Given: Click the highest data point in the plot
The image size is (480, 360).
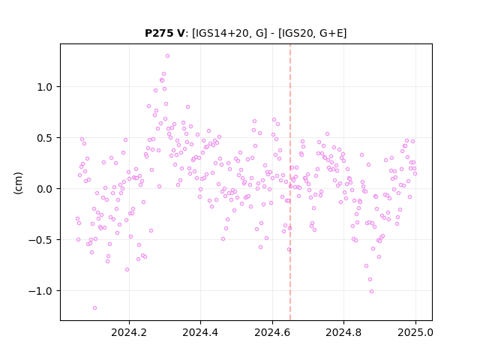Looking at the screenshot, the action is click(167, 56).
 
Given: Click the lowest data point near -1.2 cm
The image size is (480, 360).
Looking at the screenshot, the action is click(95, 307).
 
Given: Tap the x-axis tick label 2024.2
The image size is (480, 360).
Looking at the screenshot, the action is click(129, 332).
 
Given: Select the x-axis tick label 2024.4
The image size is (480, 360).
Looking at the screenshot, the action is click(200, 332).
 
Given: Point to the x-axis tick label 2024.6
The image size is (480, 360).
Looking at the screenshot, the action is click(272, 332).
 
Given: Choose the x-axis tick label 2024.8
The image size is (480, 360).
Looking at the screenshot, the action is click(343, 332).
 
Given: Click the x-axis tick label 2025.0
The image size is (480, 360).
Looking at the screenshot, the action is click(415, 332).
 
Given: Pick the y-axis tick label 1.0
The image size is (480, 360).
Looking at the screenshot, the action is click(45, 87).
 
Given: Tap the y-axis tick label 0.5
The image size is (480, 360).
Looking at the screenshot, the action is click(45, 138).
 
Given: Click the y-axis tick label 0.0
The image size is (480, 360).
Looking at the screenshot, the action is click(45, 189).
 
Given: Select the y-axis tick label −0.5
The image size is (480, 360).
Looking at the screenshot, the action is click(41, 240).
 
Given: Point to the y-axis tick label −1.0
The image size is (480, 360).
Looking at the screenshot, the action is click(41, 291).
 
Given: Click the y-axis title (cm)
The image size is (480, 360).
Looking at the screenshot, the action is click(18, 183).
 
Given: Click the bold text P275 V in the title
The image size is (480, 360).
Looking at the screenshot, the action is click(165, 33).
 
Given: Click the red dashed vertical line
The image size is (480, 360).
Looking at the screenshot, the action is click(290, 182).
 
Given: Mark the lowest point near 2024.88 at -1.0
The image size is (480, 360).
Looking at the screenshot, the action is click(372, 292).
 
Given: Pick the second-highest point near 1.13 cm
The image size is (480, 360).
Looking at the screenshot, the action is click(163, 73).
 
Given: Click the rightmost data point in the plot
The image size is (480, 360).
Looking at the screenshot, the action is click(415, 173).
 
